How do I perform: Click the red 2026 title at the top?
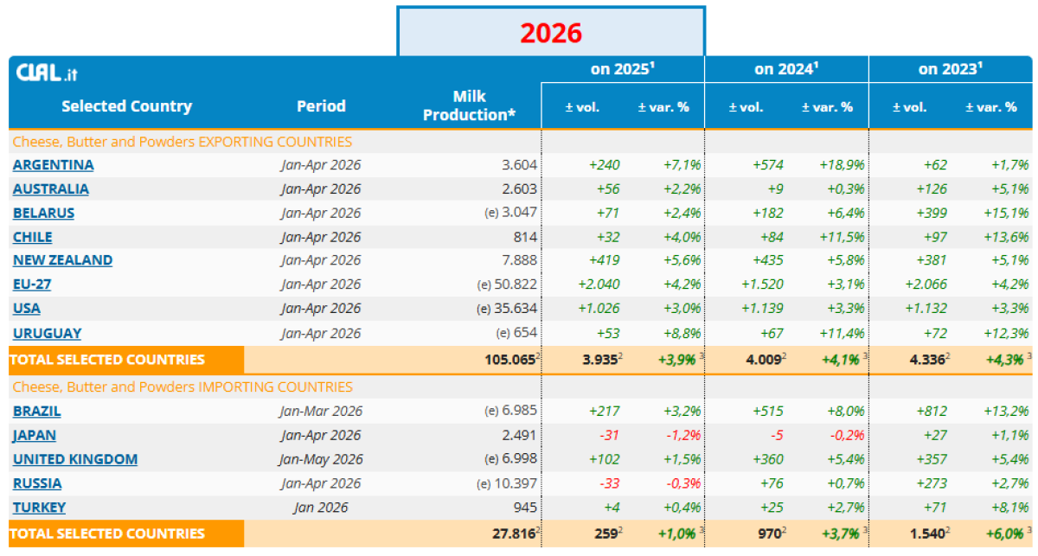[550, 33]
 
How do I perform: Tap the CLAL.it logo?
[47, 73]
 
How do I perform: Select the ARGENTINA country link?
[54, 165]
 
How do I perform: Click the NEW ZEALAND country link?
[62, 260]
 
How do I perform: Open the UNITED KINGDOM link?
[75, 459]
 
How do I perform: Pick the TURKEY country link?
[39, 508]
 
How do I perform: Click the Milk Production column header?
[469, 105]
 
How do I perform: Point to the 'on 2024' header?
[786, 69]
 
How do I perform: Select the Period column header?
[321, 106]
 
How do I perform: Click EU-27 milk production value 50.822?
[516, 284]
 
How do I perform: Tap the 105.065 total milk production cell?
[509, 360]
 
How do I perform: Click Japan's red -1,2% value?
[683, 435]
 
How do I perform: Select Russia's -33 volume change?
[609, 483]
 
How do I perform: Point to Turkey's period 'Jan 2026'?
[321, 508]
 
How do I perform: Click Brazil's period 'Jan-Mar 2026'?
[321, 411]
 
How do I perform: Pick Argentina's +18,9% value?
[842, 165]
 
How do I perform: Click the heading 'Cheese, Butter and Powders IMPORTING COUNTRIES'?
[183, 387]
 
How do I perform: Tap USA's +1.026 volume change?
[599, 308]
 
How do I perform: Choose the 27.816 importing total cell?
[514, 534]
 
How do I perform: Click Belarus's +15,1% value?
[1006, 213]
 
